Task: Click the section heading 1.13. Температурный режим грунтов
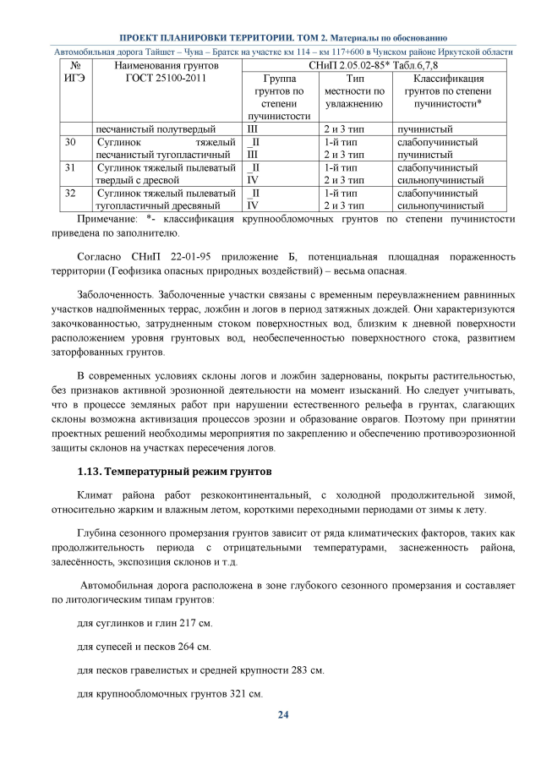click(x=174, y=469)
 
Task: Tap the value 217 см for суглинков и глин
click(x=195, y=623)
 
